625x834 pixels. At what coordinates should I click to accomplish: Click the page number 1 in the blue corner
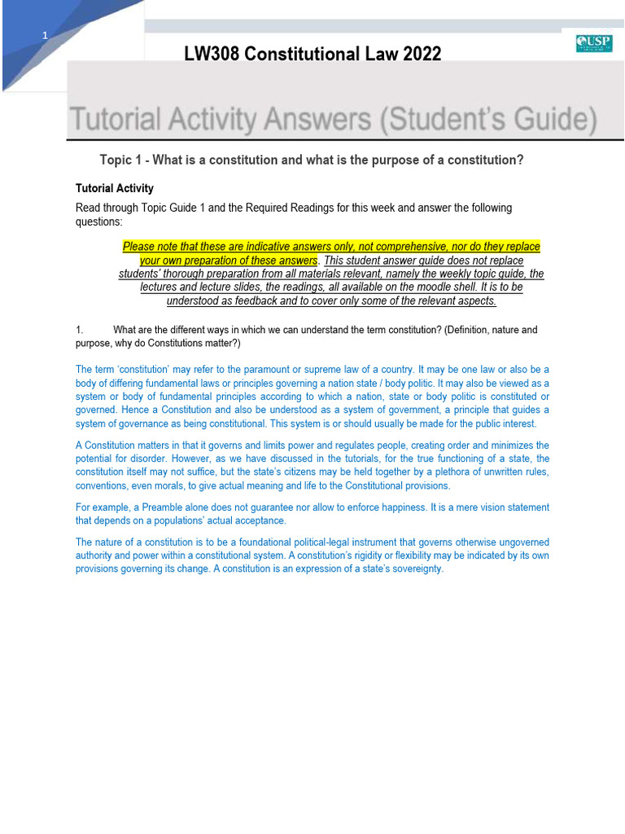(45, 36)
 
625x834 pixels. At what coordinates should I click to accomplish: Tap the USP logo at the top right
(593, 43)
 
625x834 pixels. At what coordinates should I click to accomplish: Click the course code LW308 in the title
(212, 55)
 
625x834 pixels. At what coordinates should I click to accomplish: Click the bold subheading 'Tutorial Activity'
(114, 188)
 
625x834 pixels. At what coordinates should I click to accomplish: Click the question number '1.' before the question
(80, 330)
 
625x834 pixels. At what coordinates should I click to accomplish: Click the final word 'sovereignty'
(413, 569)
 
